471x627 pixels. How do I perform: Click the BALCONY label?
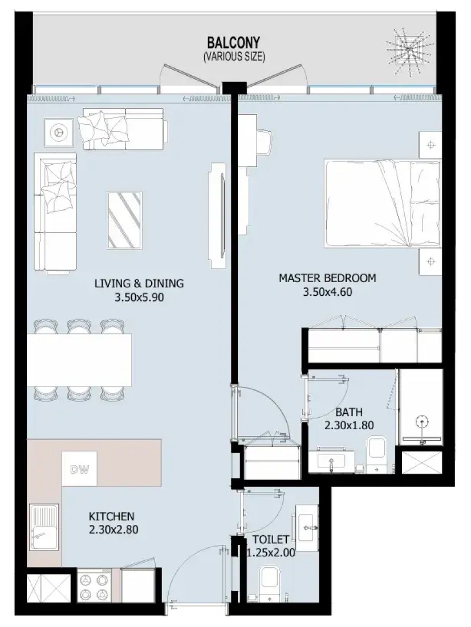click(x=234, y=42)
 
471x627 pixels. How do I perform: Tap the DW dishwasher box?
click(x=79, y=469)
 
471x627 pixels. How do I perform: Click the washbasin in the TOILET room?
click(x=307, y=523)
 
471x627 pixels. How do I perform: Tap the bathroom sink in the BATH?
click(x=331, y=460)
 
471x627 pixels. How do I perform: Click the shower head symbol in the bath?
click(x=422, y=422)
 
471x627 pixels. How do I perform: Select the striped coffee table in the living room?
click(x=124, y=221)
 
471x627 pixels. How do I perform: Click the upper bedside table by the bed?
click(x=430, y=145)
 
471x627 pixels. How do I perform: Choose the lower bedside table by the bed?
click(x=430, y=262)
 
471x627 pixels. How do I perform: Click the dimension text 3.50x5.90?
click(x=139, y=298)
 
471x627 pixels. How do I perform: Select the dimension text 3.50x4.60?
click(x=327, y=292)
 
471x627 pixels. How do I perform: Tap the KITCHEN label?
click(x=111, y=516)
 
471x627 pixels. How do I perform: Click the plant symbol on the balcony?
click(x=409, y=50)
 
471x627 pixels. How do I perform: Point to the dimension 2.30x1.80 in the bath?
click(x=349, y=425)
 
